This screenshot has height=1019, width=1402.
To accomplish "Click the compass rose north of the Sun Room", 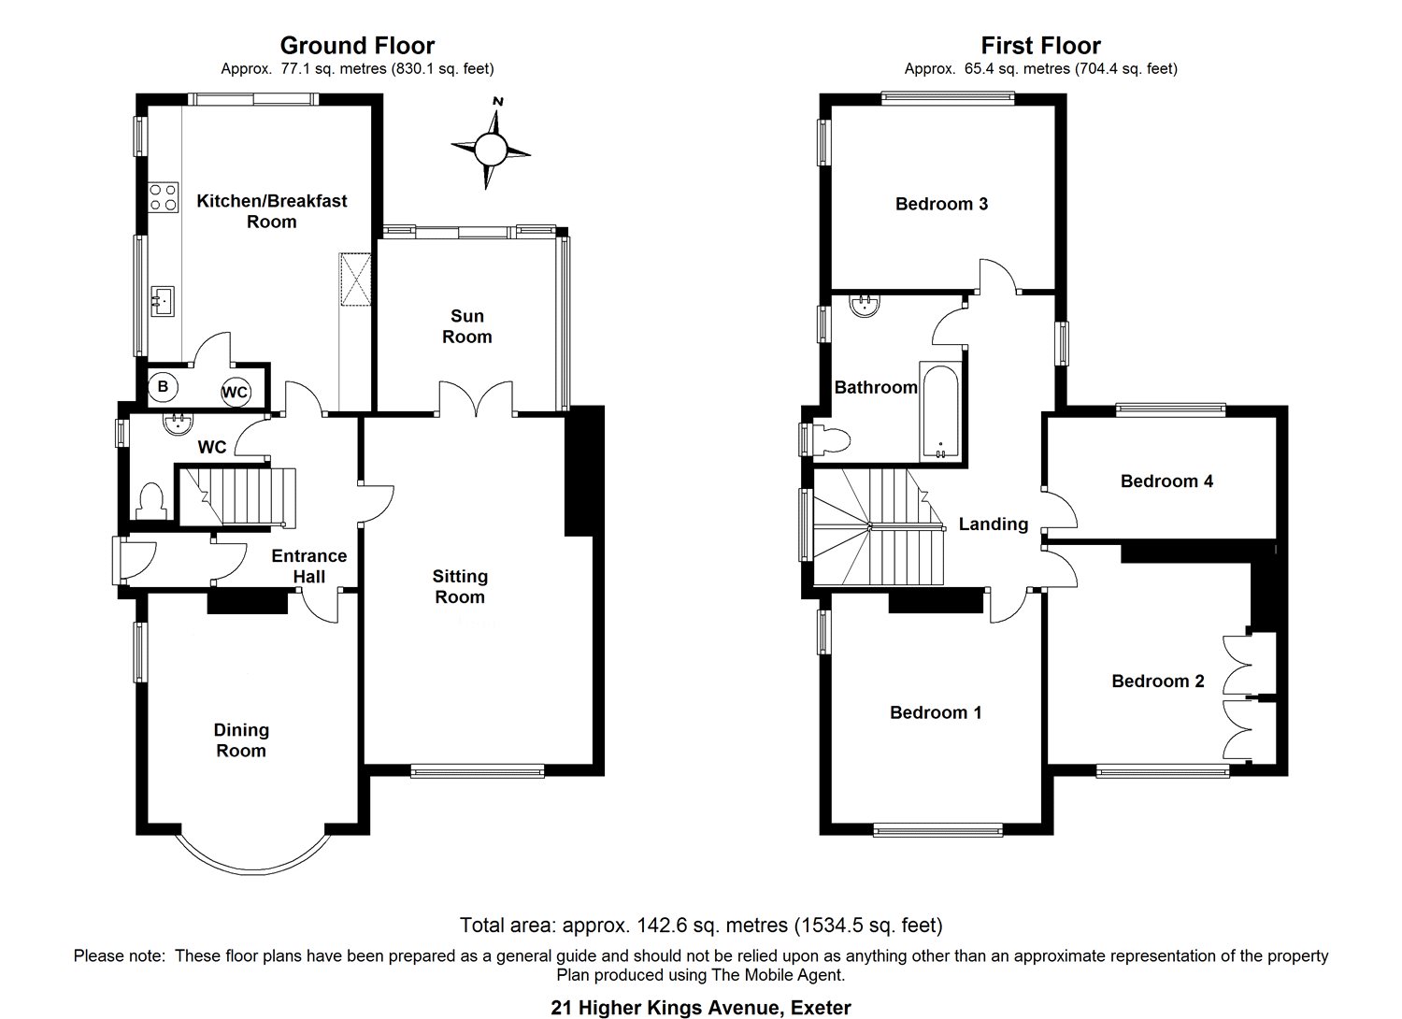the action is pos(491,148).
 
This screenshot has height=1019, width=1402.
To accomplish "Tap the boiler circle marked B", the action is pos(163,385).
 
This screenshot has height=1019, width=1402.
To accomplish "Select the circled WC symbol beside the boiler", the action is pos(235,392).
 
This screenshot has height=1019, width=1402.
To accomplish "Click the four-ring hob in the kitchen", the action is pos(163,197).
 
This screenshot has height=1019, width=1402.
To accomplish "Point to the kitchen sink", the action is pos(163,302).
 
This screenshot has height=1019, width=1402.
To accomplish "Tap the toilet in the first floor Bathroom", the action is pos(826,438).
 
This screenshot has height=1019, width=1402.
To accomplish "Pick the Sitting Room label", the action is pos(460,587).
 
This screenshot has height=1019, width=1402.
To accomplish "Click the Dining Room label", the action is pos(241,740).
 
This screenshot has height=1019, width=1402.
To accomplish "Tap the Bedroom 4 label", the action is pos(1166,481).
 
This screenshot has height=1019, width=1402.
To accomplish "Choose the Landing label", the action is pos(993,524).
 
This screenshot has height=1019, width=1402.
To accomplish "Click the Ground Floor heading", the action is pos(357,45).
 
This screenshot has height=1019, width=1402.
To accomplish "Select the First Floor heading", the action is pos(1040,45).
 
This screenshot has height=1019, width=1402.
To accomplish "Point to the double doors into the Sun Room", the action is pos(477,399).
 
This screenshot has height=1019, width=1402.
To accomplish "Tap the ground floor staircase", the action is pos(237,495).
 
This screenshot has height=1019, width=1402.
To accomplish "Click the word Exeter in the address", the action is pos(818,1008).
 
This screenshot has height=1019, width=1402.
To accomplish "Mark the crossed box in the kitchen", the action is pos(355,278).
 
